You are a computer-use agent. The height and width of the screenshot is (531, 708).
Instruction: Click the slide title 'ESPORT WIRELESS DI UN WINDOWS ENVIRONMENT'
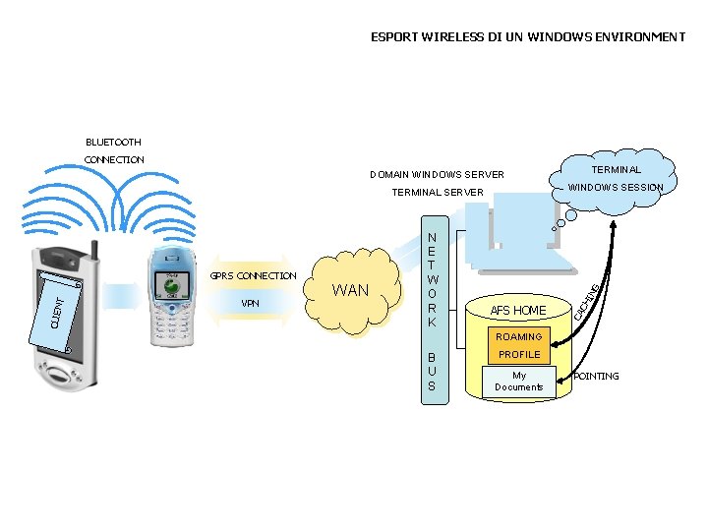point(528,37)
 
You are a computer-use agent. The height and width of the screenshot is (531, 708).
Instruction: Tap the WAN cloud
point(351,290)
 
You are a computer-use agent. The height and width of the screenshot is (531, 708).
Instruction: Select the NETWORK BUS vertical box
point(432,305)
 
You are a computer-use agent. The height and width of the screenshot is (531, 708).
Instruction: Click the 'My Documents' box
point(519,381)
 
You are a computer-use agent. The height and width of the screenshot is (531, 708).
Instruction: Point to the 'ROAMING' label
point(519,336)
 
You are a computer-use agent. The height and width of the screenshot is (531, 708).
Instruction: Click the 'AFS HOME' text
point(518,311)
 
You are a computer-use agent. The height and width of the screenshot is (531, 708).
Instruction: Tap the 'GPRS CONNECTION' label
point(253,275)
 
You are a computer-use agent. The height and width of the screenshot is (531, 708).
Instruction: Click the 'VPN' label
point(251,303)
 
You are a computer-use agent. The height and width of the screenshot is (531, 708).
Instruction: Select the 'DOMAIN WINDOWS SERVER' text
point(437,175)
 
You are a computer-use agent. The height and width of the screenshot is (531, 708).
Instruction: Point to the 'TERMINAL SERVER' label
point(438,192)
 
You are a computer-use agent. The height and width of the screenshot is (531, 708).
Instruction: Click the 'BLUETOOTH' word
point(113,143)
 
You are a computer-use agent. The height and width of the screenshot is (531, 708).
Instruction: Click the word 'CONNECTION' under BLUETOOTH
point(115,159)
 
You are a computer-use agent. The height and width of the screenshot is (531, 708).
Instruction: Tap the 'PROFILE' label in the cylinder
point(519,354)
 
